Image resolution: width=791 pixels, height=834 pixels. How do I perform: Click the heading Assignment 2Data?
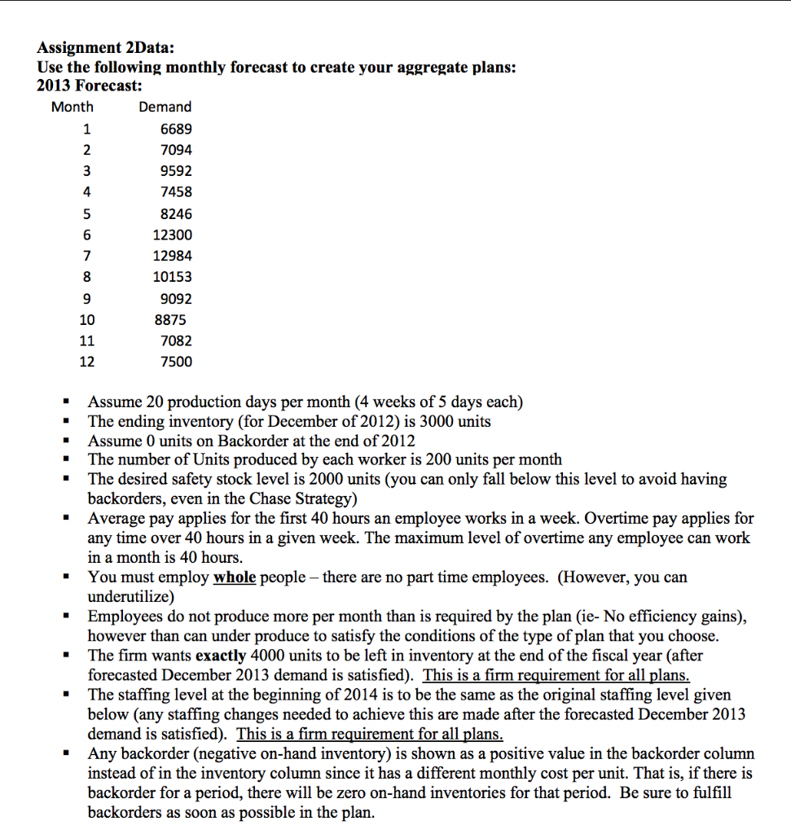point(99,48)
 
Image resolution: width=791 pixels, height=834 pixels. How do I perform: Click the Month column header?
point(73,107)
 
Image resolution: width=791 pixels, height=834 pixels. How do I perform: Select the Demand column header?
point(165,107)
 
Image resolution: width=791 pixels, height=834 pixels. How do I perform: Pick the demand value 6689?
point(177,129)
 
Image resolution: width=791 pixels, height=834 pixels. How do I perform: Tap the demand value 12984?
point(173,256)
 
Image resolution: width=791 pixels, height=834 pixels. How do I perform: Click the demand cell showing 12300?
point(173,235)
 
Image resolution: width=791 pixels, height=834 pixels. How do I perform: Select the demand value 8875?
point(169,320)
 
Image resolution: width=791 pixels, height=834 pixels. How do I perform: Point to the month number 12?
point(86,362)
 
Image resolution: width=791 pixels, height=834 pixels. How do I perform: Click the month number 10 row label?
point(86,320)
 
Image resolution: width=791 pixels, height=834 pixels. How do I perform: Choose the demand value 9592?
point(177,171)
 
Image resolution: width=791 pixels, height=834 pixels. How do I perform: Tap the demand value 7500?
point(177,362)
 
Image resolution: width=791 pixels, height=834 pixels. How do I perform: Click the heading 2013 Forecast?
point(90,86)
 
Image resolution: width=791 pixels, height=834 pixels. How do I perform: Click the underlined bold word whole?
point(234,577)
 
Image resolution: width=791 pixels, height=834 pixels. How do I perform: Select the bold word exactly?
point(221,656)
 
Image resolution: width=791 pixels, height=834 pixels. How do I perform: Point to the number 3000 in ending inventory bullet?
point(422,422)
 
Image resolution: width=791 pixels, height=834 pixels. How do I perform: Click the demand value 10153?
point(173,277)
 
